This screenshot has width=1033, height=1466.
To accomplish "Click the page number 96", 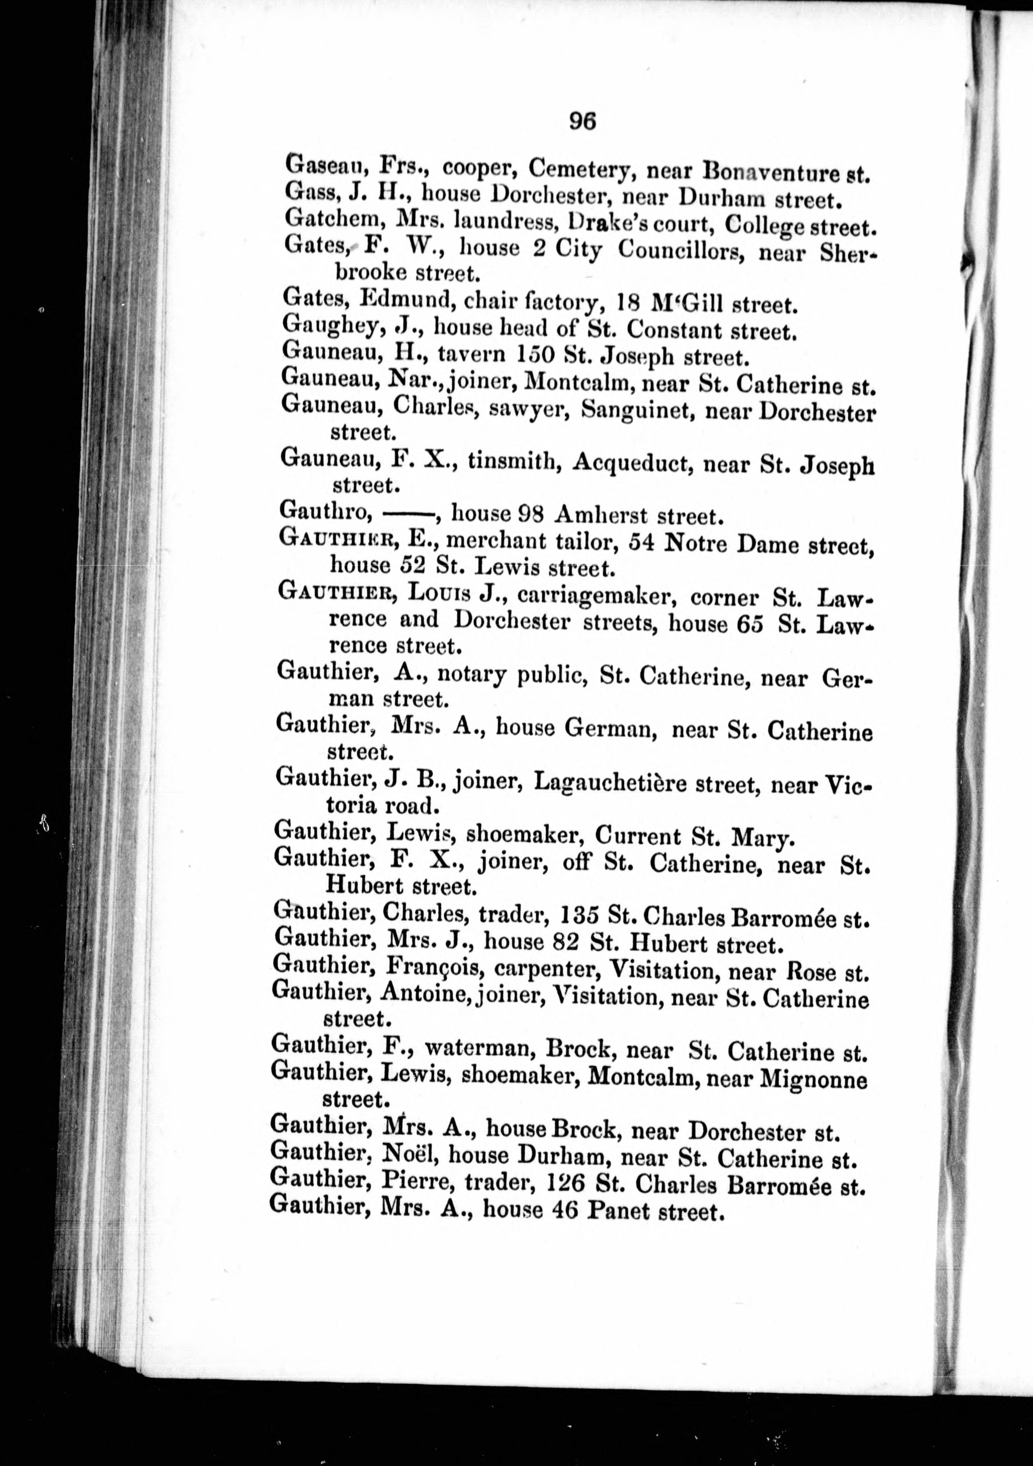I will click(x=582, y=120).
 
